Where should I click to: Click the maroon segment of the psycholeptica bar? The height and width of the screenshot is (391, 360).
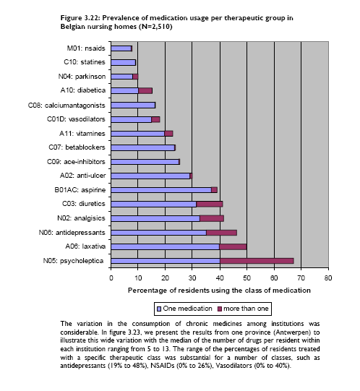(257, 261)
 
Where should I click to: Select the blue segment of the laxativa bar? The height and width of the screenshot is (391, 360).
(165, 247)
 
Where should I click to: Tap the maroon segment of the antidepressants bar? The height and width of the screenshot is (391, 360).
(221, 233)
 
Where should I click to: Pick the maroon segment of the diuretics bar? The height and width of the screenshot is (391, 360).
(210, 205)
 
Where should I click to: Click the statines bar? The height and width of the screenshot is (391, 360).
(123, 62)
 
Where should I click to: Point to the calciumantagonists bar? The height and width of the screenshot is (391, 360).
(133, 106)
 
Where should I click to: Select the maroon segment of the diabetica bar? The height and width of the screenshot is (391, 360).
(145, 90)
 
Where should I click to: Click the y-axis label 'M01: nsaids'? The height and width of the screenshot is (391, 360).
(86, 48)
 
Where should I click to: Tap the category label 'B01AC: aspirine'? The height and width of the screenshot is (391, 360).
(80, 190)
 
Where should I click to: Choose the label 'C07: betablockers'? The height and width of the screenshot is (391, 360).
(77, 147)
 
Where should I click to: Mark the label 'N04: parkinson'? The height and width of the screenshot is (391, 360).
(82, 77)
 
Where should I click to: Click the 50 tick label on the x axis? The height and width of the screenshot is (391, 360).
(247, 278)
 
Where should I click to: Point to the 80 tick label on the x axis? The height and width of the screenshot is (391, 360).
(328, 278)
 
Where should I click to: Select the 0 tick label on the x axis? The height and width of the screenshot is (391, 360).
(111, 278)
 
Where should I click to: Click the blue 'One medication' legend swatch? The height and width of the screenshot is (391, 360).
(159, 309)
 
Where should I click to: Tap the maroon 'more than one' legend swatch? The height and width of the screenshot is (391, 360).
(220, 309)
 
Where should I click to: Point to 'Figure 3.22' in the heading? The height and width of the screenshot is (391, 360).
(80, 18)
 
